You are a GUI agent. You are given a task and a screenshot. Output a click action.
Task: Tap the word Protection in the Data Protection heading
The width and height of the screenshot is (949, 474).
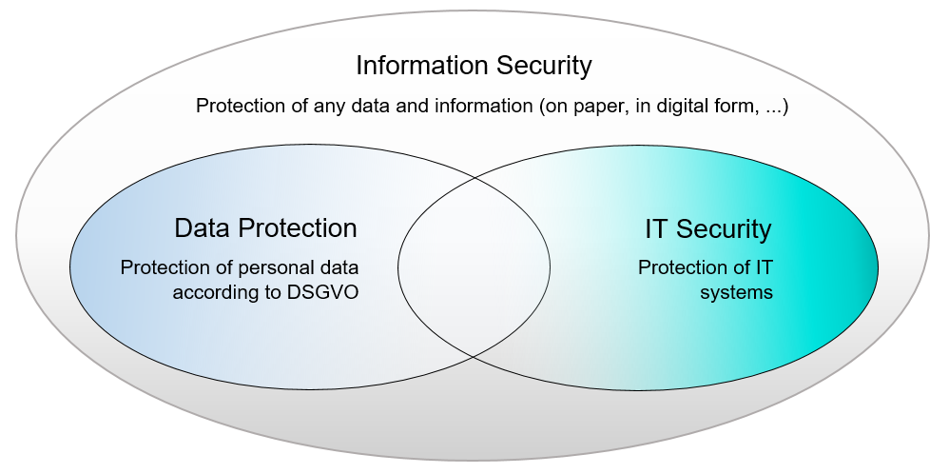point(298,228)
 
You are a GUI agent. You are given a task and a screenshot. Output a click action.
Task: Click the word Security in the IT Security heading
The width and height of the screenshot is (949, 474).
point(725,228)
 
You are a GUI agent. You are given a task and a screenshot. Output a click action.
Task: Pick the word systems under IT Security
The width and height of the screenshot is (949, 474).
point(736,292)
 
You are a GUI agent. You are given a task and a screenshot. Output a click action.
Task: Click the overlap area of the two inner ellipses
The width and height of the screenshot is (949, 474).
point(474,266)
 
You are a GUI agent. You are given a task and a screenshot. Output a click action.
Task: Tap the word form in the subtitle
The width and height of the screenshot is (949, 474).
point(734,106)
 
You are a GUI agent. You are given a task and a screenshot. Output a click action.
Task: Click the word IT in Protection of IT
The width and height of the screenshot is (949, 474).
point(764,267)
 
